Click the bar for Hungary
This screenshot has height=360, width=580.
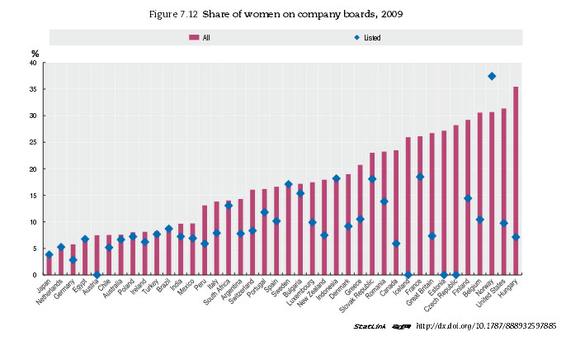[x=516, y=181]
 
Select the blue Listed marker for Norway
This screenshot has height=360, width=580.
[x=492, y=76]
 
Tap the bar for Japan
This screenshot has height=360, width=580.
[x=49, y=265]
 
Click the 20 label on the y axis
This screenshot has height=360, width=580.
[x=31, y=169]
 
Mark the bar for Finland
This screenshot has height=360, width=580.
[x=468, y=197]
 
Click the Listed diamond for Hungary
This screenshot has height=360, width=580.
[x=516, y=237]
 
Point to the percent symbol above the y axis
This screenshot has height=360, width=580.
[x=35, y=54]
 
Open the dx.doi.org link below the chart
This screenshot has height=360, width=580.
[x=487, y=326]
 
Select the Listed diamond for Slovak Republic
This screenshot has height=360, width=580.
[x=372, y=179]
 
